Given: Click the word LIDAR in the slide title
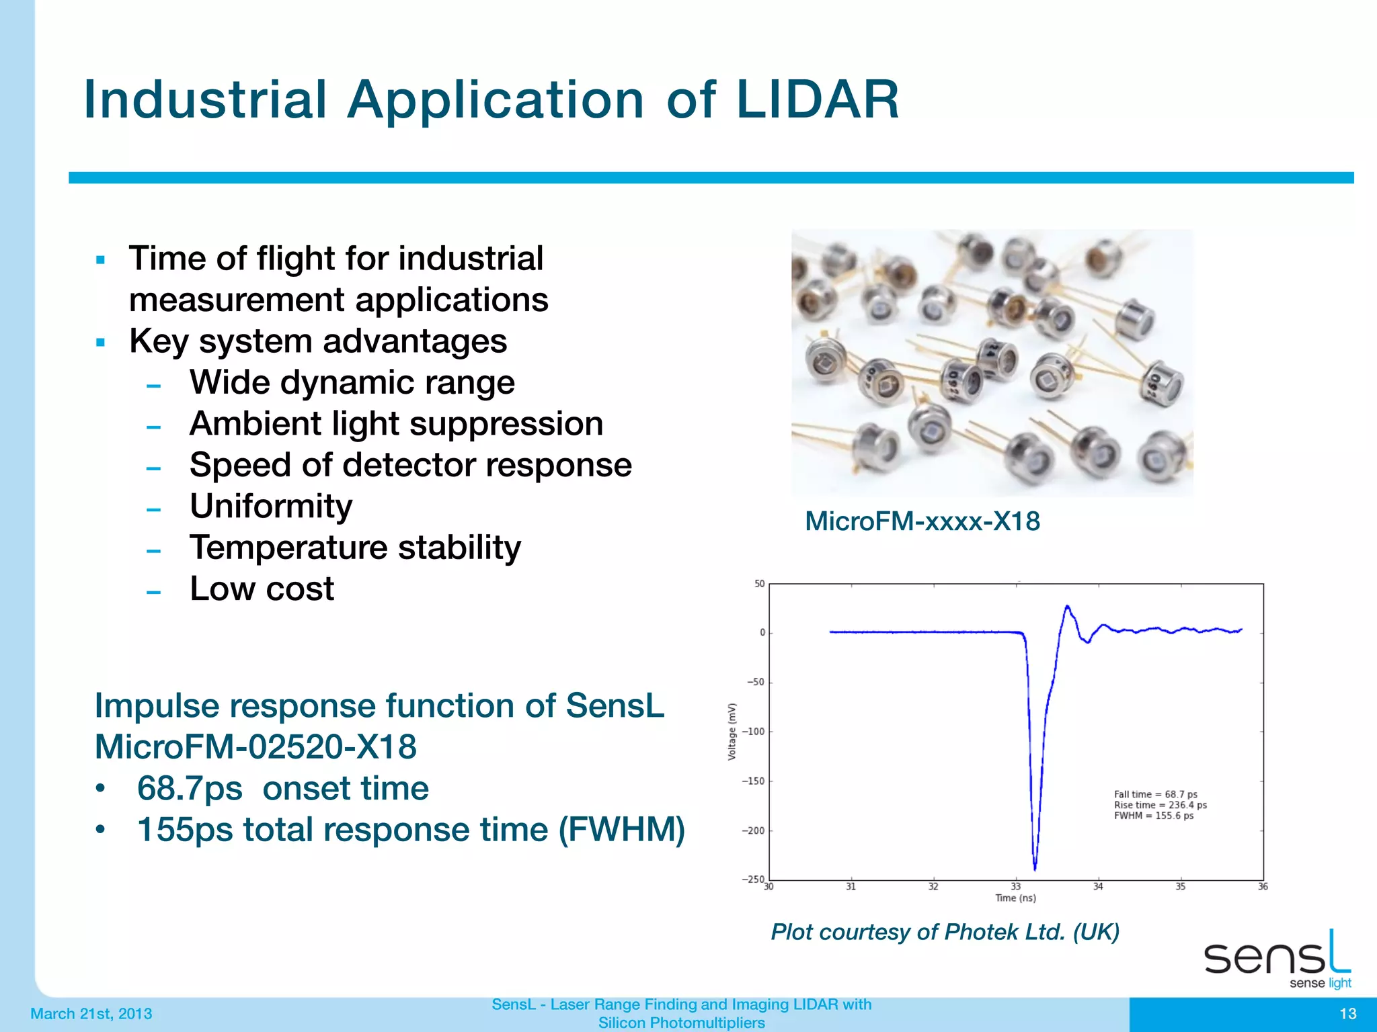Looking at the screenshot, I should pos(817,100).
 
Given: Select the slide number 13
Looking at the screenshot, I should pos(1347,1014).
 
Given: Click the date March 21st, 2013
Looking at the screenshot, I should pos(91,1014).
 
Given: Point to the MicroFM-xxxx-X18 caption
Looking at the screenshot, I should pos(922,521).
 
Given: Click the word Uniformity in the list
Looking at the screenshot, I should pos(271,506).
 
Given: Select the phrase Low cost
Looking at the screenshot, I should pos(262,589).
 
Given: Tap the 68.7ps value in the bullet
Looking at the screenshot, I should pos(190,788).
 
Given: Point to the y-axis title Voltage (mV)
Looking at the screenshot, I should pos(732,732).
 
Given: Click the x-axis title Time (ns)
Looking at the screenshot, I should pos(1015,898).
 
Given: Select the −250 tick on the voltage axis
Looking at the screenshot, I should pos(753,879).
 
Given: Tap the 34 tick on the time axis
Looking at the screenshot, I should pos(1098,887).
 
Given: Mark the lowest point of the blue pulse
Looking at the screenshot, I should pos(1035,869).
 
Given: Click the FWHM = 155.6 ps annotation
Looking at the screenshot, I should pos(1154,816).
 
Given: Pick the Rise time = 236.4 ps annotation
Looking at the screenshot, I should pos(1160,805).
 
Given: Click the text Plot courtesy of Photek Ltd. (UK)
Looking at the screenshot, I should pos(945,932).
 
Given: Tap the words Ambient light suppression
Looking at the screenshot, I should pos(396,424).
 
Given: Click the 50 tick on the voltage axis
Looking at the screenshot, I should pos(760,584).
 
